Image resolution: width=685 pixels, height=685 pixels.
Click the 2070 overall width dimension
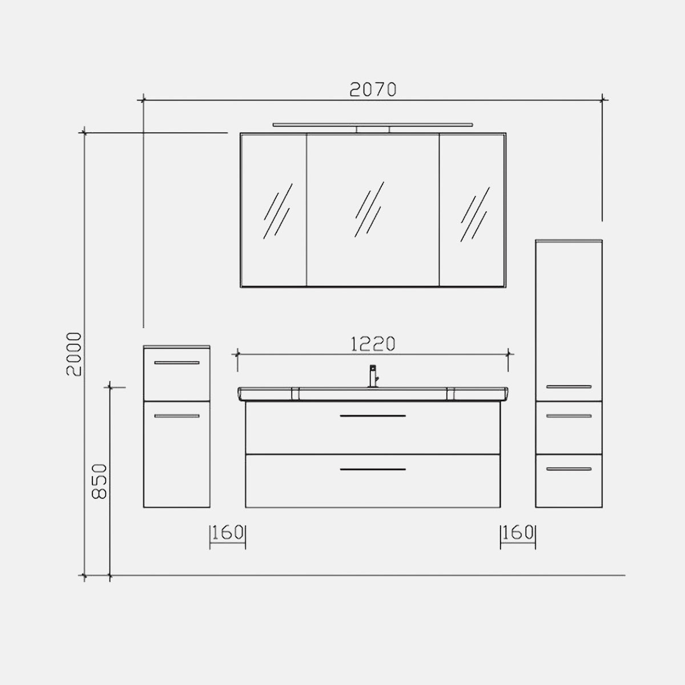pyautogui.click(x=373, y=90)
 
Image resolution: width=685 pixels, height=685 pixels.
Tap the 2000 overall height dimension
pyautogui.click(x=74, y=354)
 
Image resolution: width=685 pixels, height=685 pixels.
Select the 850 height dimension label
pyautogui.click(x=99, y=481)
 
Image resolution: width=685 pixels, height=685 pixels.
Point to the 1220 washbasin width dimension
pyautogui.click(x=373, y=344)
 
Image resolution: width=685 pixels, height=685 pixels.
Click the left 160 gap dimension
pyautogui.click(x=228, y=533)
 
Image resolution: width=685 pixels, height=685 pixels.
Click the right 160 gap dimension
pyautogui.click(x=518, y=533)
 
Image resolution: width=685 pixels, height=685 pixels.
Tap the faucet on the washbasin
pyautogui.click(x=373, y=376)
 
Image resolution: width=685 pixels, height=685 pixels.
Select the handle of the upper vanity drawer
pyautogui.click(x=373, y=416)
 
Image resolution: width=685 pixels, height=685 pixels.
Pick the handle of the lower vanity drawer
pyautogui.click(x=373, y=469)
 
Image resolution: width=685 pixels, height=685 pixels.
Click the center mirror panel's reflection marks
pyautogui.click(x=370, y=209)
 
